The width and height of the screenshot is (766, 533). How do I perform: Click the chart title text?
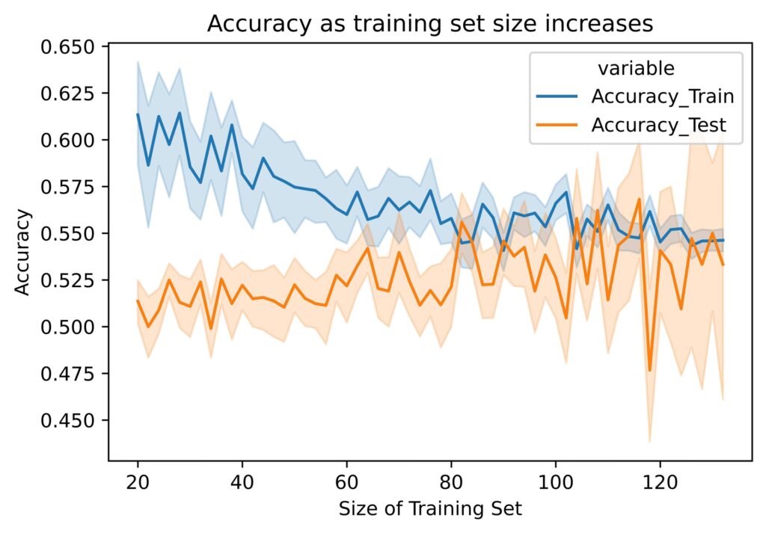430,24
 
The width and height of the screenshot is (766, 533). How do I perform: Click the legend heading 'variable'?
636,69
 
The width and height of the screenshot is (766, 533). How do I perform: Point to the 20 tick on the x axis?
138,479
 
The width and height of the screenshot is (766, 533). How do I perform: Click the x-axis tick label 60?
346,479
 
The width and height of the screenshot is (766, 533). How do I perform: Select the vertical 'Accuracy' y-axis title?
23,252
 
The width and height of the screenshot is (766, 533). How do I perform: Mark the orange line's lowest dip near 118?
649,370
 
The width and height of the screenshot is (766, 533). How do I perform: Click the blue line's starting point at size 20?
138,114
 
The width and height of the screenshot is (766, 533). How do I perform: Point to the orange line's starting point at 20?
138,301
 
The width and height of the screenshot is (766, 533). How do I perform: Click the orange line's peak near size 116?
640,199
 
